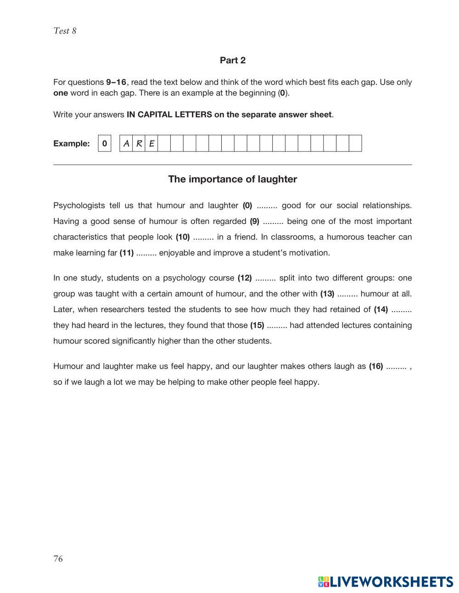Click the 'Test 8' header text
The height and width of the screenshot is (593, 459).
65,31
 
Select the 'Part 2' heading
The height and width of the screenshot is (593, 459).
232,60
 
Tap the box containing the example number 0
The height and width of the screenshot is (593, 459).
105,143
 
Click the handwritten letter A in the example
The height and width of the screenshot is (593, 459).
126,143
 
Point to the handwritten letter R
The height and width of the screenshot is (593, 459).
139,143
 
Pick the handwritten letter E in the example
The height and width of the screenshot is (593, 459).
151,143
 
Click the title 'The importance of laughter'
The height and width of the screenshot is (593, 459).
232,179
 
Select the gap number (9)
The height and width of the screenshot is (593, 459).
254,221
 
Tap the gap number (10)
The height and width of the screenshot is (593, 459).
183,237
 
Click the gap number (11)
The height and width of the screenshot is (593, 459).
127,252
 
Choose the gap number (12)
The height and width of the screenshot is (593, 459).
245,278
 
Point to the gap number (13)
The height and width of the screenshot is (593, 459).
327,293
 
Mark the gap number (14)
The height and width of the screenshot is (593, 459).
381,309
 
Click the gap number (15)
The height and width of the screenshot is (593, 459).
257,325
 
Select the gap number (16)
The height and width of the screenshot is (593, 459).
376,366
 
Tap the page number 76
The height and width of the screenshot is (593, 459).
58,559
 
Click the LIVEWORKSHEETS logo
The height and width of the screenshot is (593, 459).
386,582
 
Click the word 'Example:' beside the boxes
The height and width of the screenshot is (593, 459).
72,143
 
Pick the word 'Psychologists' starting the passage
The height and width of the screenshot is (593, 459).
79,205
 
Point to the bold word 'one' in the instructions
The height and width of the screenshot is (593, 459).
61,93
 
